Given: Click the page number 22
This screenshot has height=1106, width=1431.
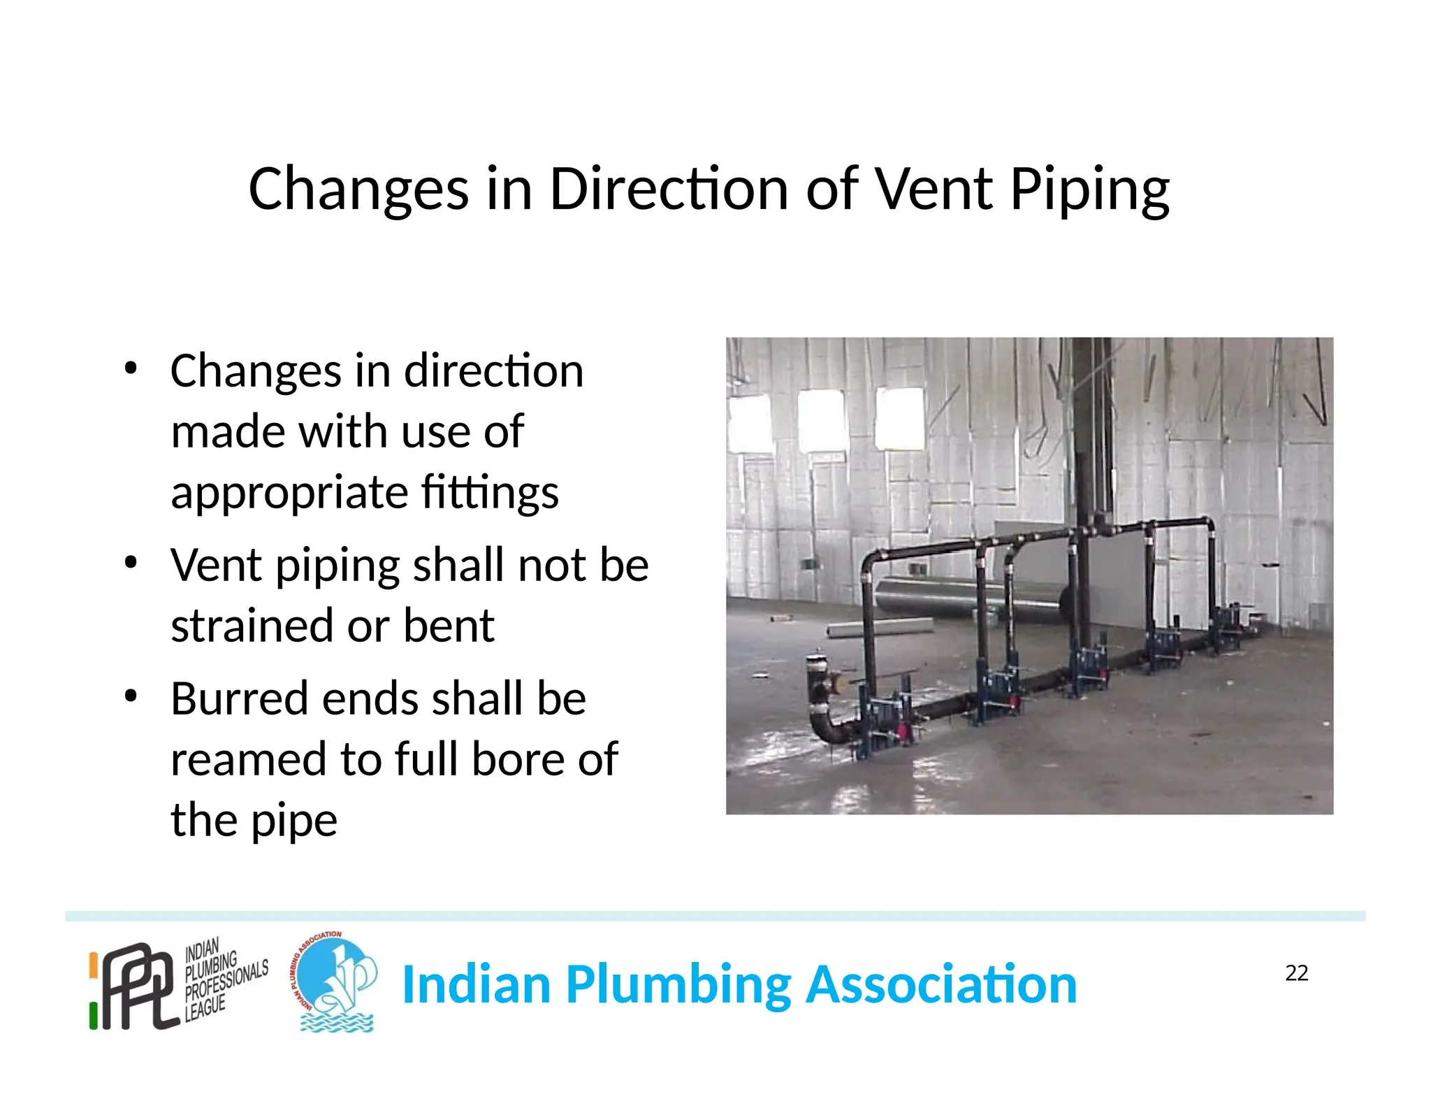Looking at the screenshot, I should (x=1296, y=972).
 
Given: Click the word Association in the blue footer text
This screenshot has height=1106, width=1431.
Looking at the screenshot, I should (x=940, y=984).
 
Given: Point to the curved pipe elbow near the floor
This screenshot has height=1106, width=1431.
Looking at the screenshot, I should (x=825, y=720).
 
